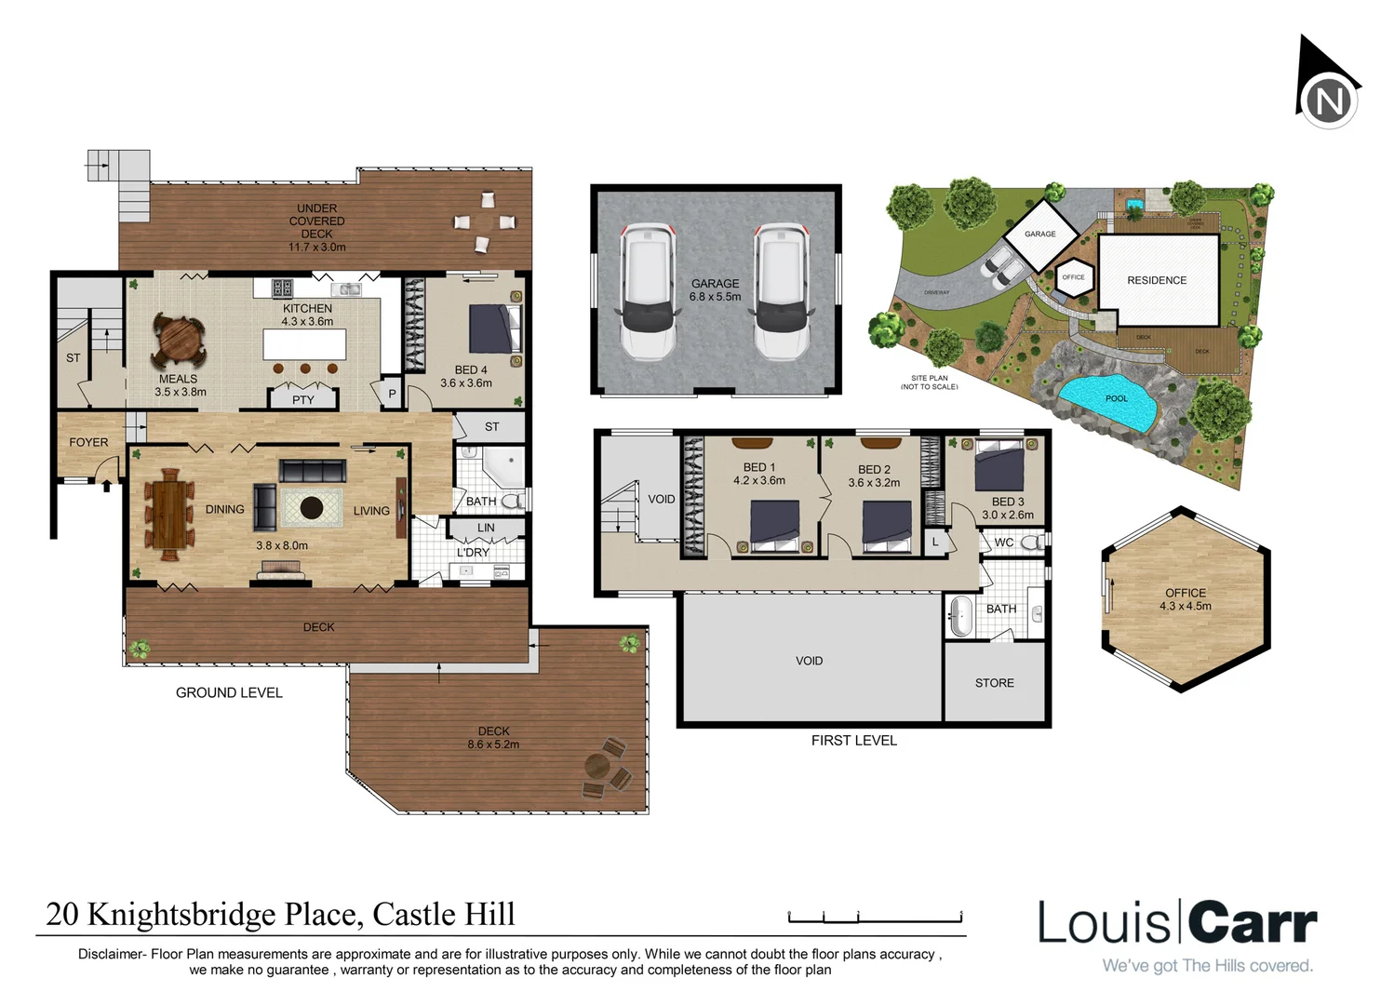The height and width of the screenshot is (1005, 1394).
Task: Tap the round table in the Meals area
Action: click(x=179, y=342)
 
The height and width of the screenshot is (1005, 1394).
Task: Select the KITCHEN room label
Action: click(x=307, y=308)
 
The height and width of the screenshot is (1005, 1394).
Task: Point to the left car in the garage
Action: click(x=649, y=291)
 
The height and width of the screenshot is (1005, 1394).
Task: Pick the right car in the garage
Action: click(x=781, y=291)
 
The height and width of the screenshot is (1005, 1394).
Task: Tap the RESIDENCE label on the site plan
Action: click(x=1157, y=280)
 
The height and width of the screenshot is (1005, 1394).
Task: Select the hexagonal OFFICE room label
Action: click(x=1185, y=593)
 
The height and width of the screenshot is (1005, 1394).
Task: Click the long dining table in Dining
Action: click(x=169, y=513)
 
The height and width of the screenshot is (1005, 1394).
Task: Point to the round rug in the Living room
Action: click(x=311, y=508)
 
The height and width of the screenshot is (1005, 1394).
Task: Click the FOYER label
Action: click(x=88, y=442)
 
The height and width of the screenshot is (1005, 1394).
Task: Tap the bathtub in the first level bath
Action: click(x=959, y=614)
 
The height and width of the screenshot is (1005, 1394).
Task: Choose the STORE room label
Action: click(x=994, y=683)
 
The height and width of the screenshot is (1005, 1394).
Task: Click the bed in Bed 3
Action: click(x=999, y=466)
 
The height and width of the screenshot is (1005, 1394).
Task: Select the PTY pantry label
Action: click(x=303, y=400)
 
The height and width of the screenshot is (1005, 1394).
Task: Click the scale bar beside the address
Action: click(x=874, y=918)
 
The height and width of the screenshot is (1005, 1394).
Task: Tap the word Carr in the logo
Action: click(x=1253, y=923)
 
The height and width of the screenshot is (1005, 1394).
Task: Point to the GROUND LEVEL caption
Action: click(x=229, y=692)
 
